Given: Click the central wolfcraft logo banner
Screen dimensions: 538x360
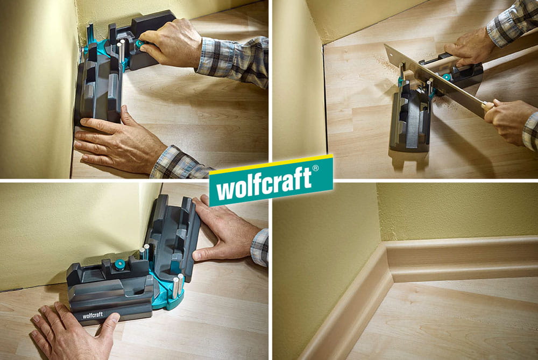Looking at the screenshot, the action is coord(271,180).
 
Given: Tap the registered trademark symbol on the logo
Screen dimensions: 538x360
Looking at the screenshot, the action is coord(315,168).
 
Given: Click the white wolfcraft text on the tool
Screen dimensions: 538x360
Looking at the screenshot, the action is coord(93,315).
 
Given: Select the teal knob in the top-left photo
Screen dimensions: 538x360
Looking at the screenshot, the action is coord(139,44).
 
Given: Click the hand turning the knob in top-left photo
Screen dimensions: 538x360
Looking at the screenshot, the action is coord(172,43).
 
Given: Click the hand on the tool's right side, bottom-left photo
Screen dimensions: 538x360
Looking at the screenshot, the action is coord(223,230).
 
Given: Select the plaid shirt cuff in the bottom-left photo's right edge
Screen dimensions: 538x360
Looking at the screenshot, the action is coord(260,247).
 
